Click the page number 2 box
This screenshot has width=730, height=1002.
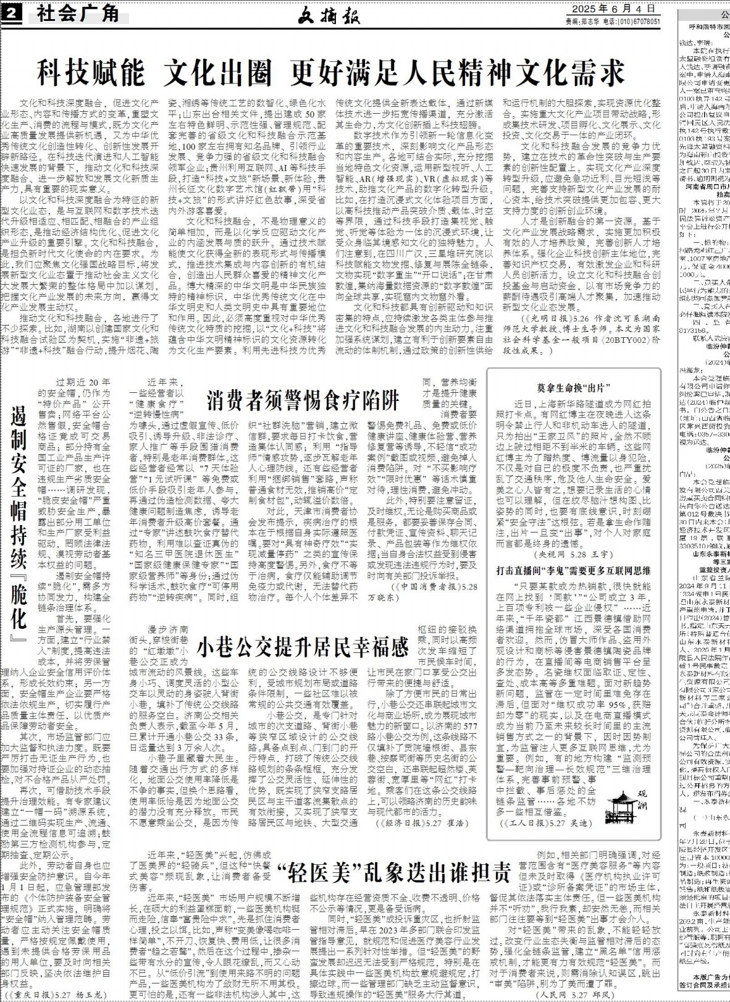12,13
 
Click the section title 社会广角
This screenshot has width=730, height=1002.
77,12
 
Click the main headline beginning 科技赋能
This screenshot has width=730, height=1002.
331,72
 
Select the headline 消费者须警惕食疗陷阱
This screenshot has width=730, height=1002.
303,401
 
